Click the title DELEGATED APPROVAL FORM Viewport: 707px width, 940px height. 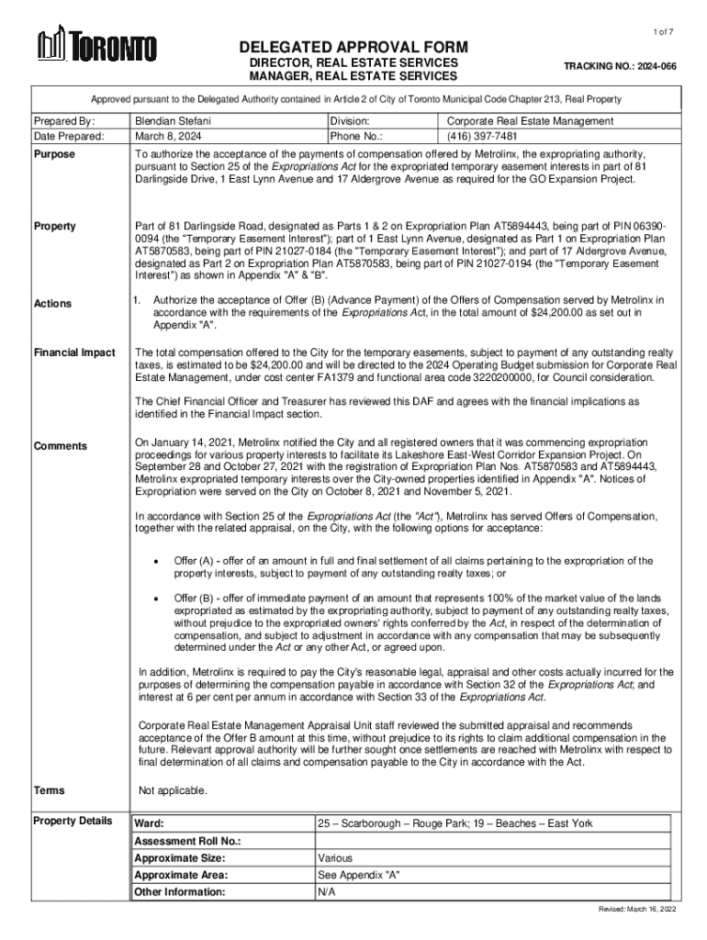pos(353,48)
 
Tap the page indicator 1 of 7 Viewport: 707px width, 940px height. pos(664,31)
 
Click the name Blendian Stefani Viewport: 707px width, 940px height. pos(174,120)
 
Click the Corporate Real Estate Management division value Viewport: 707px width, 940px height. pos(530,120)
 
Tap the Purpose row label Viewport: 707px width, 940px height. pos(54,154)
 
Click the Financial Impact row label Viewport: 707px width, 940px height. pos(74,352)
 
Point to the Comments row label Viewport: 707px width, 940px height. pos(61,446)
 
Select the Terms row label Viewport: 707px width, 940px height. pos(49,790)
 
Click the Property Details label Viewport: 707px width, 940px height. pos(73,821)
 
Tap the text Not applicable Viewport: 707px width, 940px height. pos(173,790)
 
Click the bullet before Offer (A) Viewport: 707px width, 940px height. pos(159,561)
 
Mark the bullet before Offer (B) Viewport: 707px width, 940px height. pos(159,599)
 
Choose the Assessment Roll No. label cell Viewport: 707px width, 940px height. pos(187,841)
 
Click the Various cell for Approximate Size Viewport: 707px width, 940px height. pos(334,857)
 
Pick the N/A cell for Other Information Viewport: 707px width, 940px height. pos(326,891)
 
